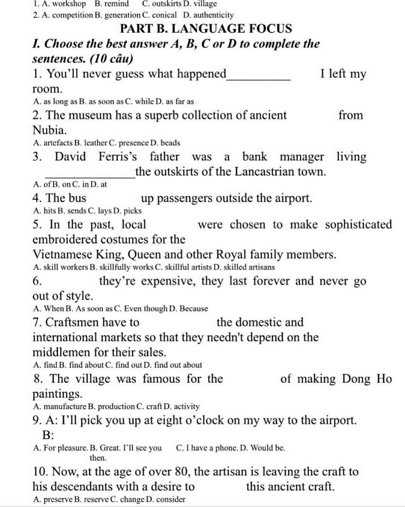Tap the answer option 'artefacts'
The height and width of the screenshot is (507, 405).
(x=58, y=143)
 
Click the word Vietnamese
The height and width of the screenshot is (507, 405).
(x=63, y=254)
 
